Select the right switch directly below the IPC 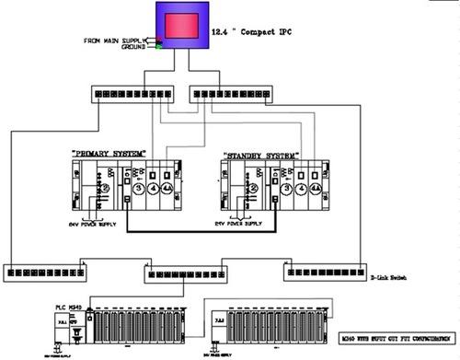232,94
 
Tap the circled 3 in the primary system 138,190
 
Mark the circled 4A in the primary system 167,190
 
